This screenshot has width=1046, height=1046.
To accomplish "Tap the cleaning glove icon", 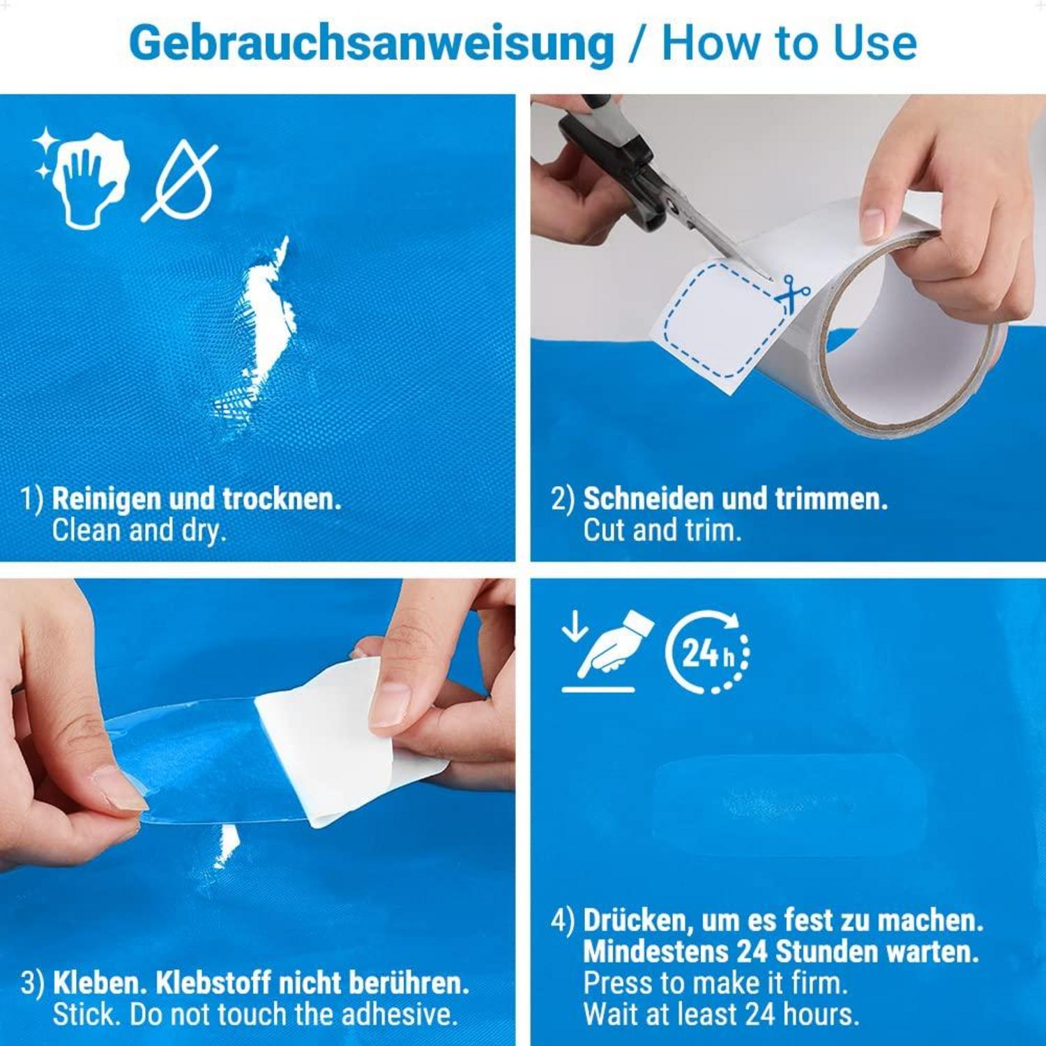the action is [82, 178].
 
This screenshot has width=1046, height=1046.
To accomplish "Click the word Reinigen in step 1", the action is [107, 499].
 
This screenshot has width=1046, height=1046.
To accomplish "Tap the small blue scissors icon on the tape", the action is [791, 294].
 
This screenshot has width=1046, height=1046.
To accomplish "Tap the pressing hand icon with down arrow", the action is [607, 651].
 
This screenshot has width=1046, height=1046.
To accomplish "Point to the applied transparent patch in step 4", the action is [788, 805].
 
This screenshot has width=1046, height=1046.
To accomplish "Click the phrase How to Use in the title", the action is [789, 43].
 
